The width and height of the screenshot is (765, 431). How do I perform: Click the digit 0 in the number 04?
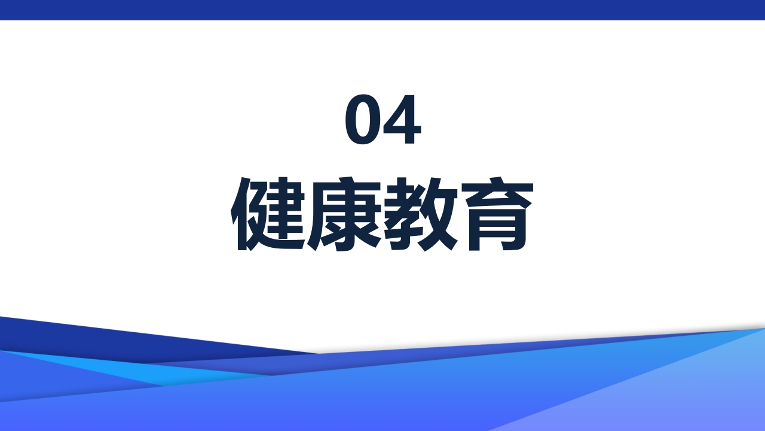click(x=363, y=120)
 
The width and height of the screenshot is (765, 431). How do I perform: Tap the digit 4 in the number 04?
click(x=402, y=120)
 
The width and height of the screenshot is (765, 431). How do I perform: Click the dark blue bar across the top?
click(x=382, y=10)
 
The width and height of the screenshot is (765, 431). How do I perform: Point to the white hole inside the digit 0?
click(x=363, y=120)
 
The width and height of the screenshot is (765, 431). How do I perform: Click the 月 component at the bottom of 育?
click(x=496, y=230)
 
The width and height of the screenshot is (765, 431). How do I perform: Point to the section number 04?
click(x=382, y=120)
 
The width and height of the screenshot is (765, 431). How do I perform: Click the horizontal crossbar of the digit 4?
click(x=402, y=130)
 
